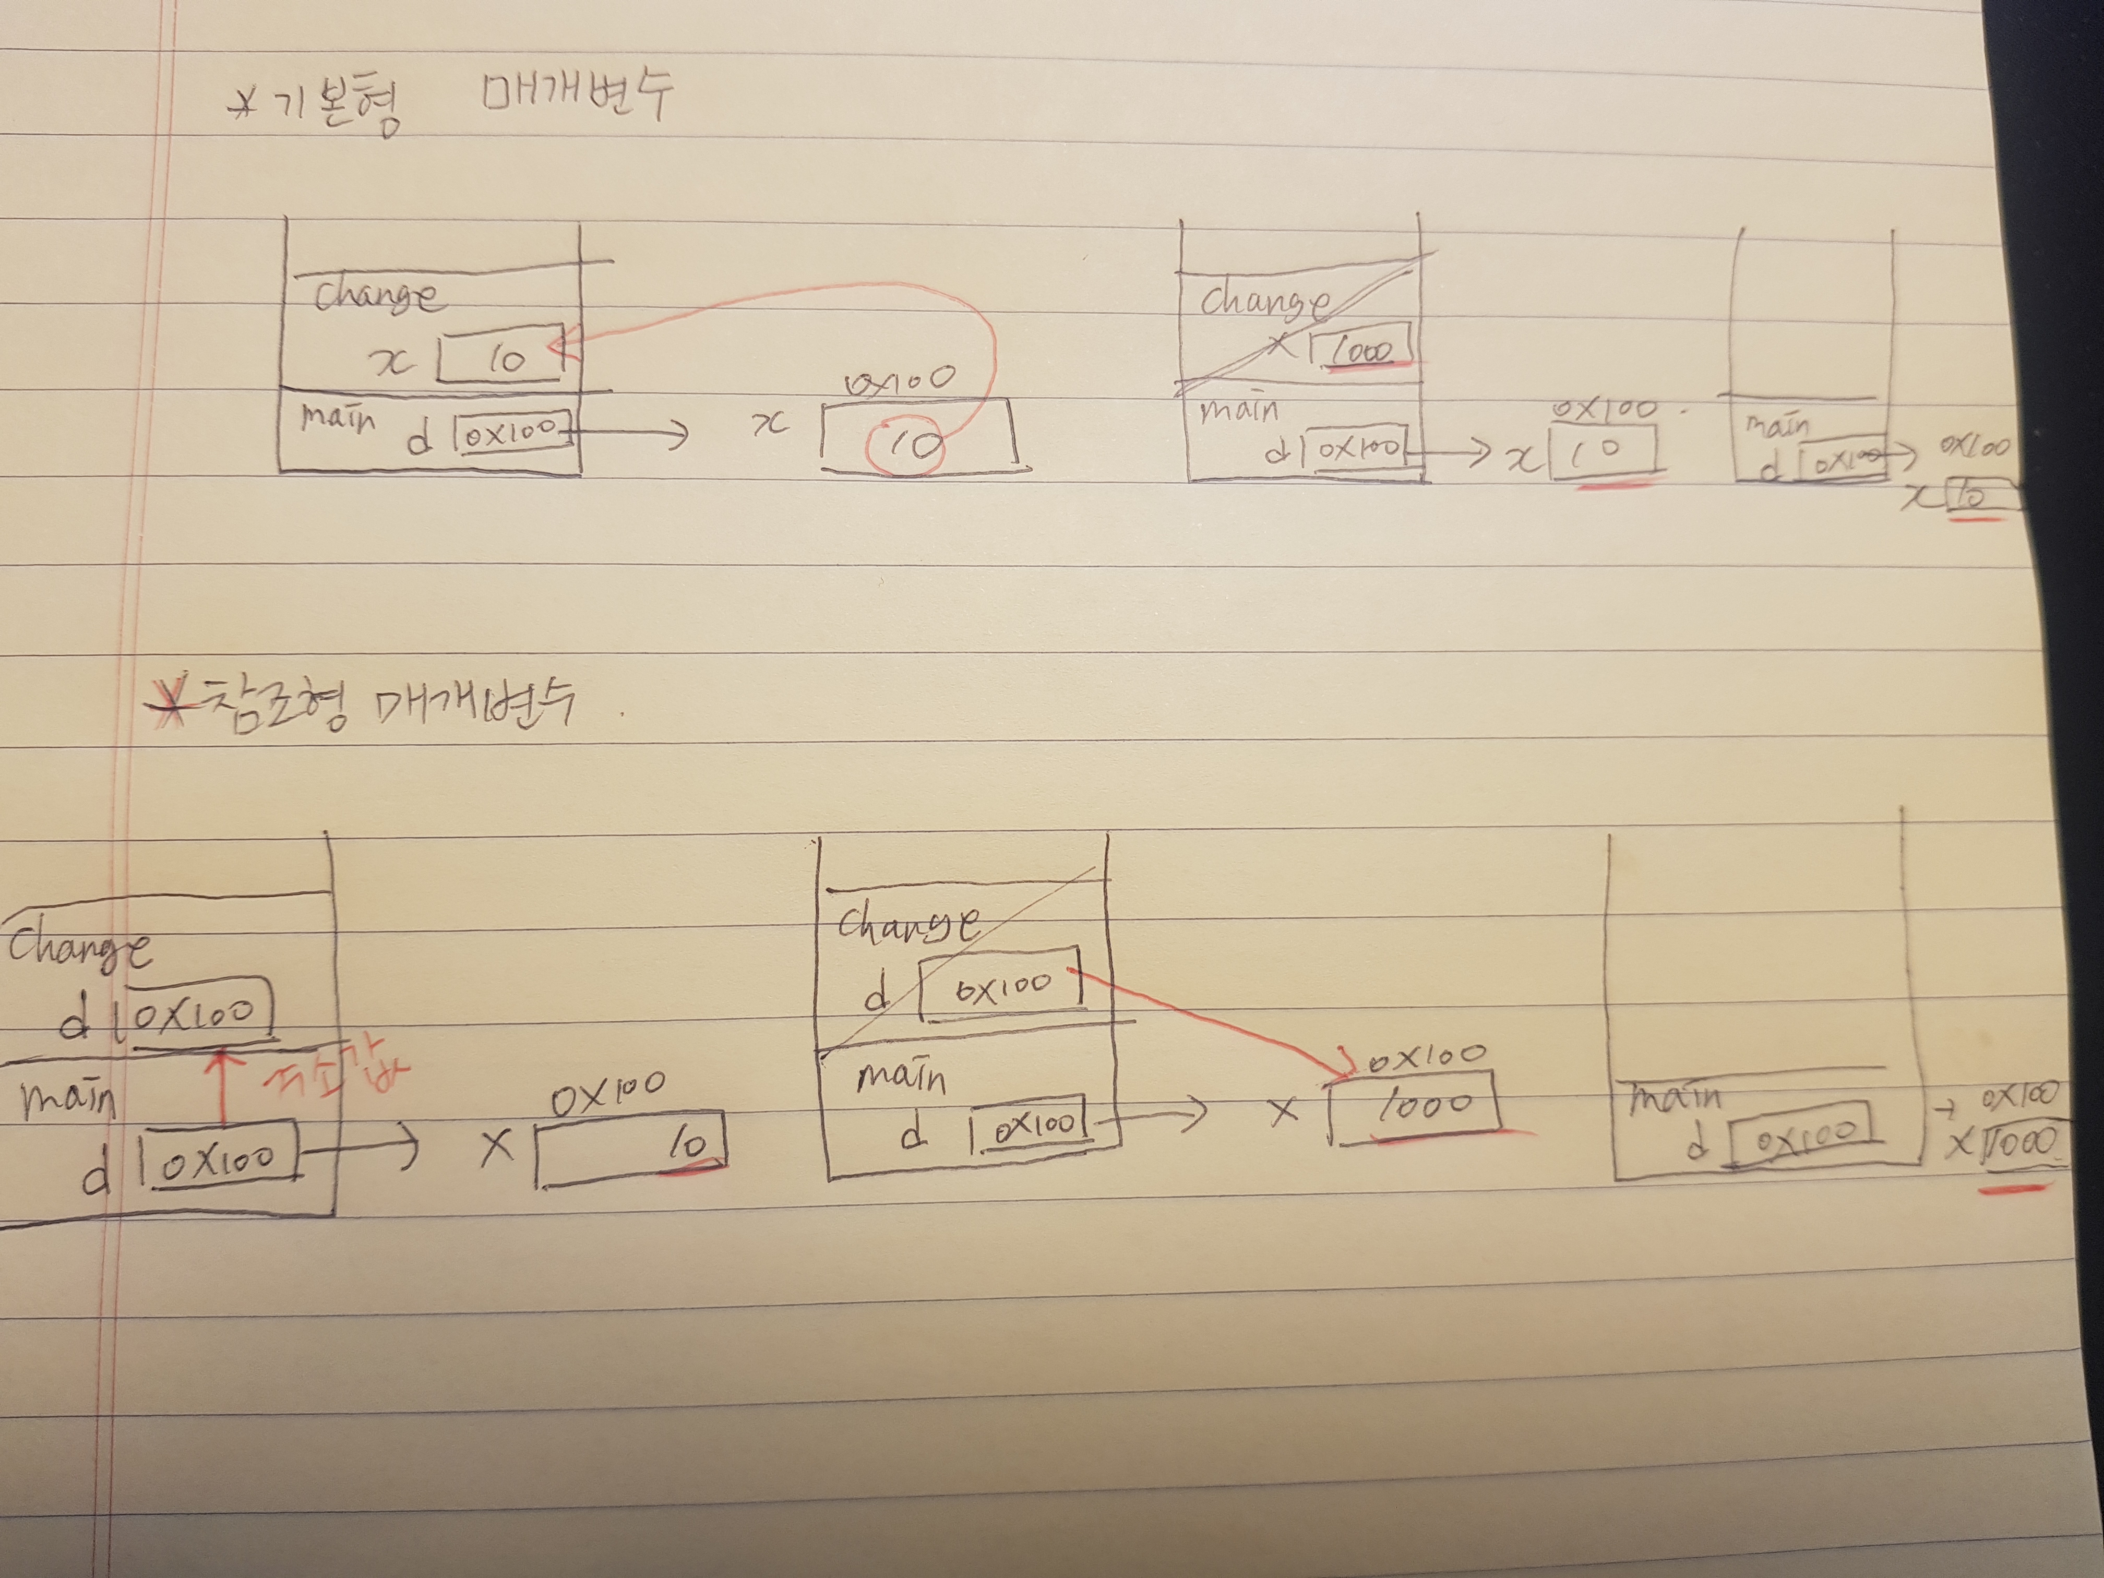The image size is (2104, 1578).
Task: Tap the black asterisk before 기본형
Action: tap(244, 105)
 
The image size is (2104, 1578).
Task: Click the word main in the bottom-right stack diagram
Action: tap(1674, 1098)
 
